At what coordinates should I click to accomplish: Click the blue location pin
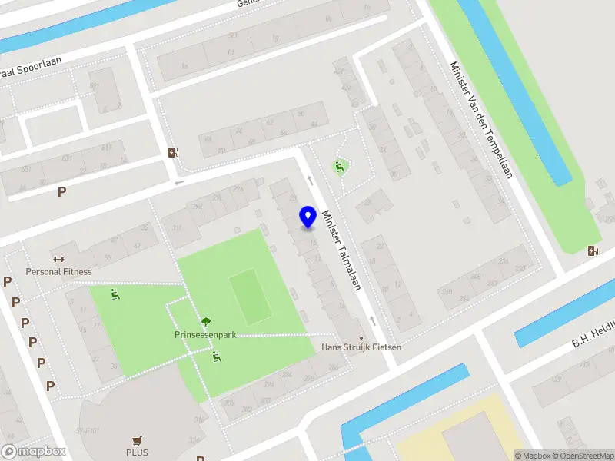pos(307,217)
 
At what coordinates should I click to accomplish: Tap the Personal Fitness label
pos(58,271)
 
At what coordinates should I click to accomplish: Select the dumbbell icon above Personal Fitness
pos(58,259)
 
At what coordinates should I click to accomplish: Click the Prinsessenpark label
pos(205,335)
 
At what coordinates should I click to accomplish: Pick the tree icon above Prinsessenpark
pos(205,323)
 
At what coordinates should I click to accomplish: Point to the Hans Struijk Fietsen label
pos(361,347)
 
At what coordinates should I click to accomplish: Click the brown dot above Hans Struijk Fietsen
pos(361,337)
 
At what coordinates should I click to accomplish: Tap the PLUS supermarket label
pos(138,453)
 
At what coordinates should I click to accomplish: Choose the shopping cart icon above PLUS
pos(138,441)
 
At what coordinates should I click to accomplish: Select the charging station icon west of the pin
pos(173,152)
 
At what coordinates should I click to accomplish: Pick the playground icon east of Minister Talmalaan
pos(339,166)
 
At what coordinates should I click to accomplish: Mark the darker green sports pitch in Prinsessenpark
pos(251,296)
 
